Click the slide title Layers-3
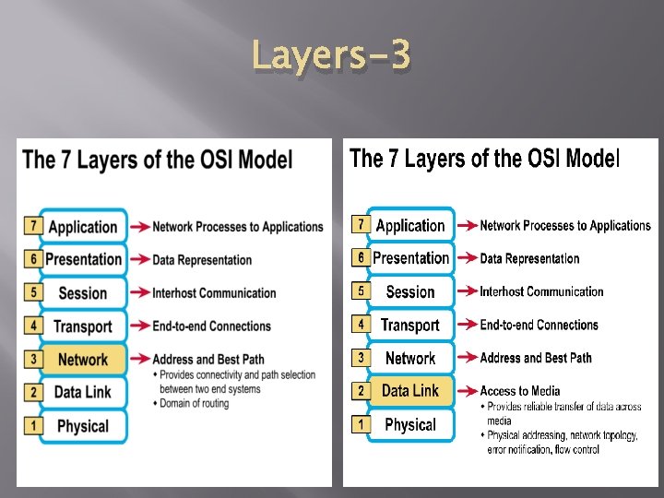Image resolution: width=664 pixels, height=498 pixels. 331,57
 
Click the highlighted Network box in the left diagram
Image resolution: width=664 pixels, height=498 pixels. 83,359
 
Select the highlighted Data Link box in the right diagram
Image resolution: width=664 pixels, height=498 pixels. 410,391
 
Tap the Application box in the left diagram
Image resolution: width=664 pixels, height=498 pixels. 83,227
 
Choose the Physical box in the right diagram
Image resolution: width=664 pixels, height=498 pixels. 410,424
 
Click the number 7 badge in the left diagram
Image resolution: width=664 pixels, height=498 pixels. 33,226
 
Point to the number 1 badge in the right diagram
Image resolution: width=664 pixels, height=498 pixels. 362,424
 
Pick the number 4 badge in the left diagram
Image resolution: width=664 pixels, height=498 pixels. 33,326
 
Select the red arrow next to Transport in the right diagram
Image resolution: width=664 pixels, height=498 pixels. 467,325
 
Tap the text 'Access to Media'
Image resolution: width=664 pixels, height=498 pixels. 520,391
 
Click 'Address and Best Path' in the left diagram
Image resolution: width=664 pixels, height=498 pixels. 208,359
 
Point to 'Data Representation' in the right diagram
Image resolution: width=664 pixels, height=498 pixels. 530,258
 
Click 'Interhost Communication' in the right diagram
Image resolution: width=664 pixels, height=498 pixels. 541,291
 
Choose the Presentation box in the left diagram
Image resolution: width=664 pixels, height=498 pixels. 83,260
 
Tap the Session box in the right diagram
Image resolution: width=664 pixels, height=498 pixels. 410,291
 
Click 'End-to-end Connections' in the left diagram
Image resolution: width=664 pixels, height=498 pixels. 212,326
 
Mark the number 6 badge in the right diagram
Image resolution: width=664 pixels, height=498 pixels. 362,257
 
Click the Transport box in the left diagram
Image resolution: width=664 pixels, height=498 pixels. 83,326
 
